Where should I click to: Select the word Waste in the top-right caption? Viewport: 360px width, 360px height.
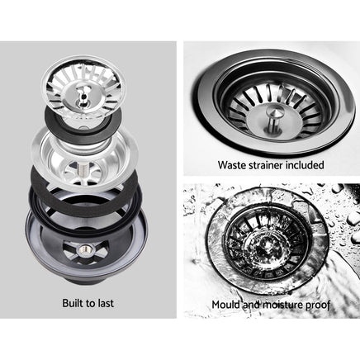click(233, 165)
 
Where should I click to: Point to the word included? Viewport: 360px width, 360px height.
click(306, 165)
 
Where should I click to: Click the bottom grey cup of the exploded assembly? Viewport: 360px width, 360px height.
click(83, 248)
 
